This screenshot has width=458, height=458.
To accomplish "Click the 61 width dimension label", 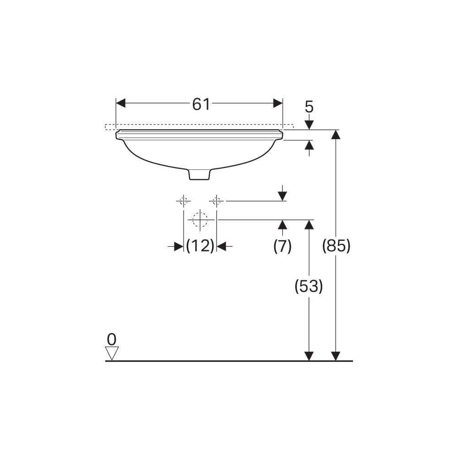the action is click(x=201, y=104).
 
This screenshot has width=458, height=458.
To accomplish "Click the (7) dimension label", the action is click(x=282, y=246).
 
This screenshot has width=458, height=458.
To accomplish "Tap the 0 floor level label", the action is click(x=112, y=339).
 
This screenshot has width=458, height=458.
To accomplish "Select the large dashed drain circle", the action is click(x=200, y=219).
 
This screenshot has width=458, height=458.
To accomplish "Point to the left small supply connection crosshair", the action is click(x=184, y=201).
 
